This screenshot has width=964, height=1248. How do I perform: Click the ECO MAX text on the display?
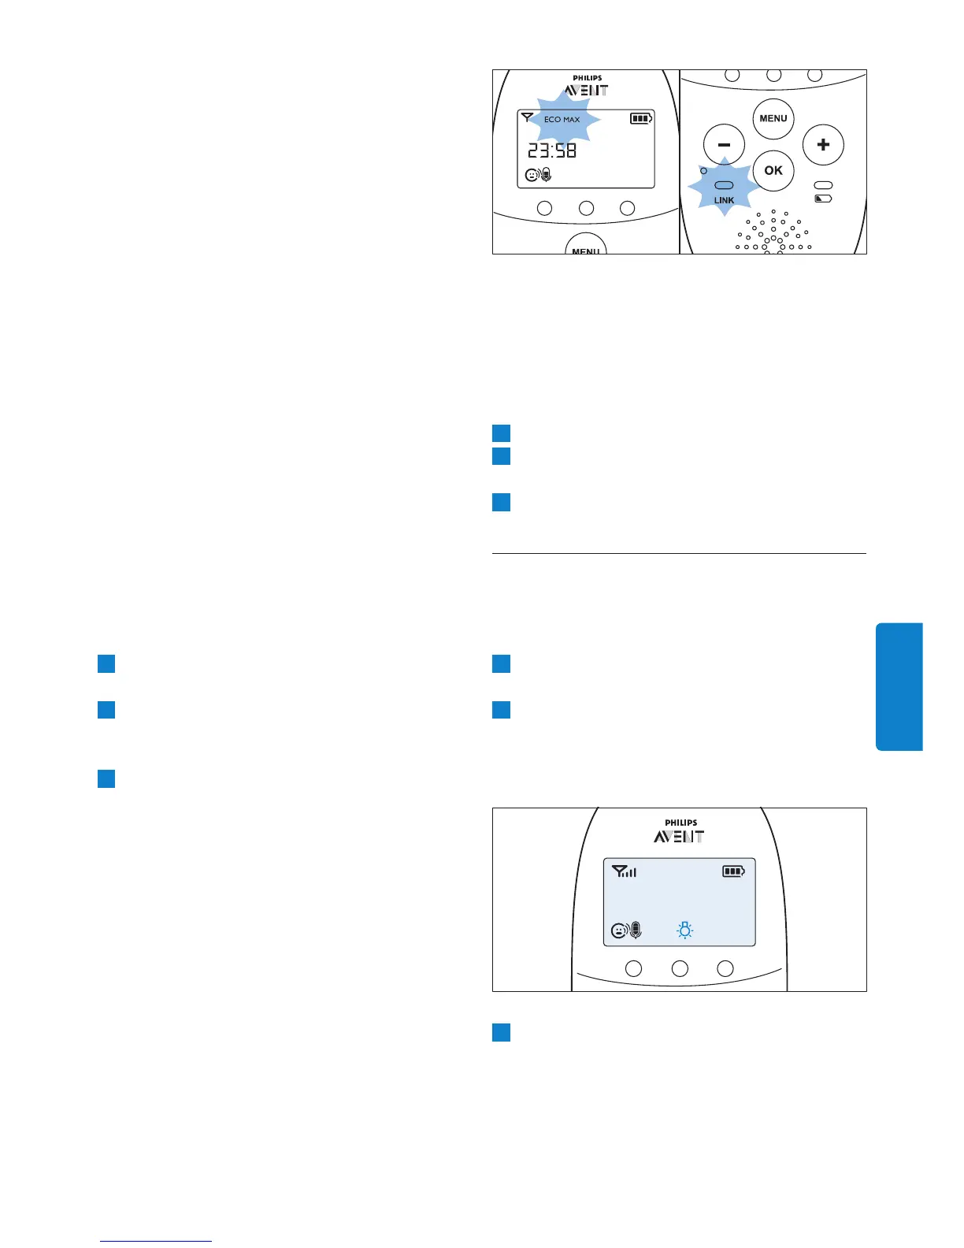pyautogui.click(x=562, y=120)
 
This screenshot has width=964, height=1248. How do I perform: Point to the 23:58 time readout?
pyautogui.click(x=552, y=150)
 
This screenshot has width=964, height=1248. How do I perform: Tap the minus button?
pyautogui.click(x=724, y=145)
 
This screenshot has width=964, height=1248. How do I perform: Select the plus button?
pyautogui.click(x=823, y=145)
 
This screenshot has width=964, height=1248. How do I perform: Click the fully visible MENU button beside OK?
pyautogui.click(x=773, y=119)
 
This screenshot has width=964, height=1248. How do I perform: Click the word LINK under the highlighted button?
pyautogui.click(x=724, y=200)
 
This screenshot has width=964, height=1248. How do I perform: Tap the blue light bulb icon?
pyautogui.click(x=685, y=931)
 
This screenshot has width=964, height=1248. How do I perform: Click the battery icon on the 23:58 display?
pyautogui.click(x=641, y=119)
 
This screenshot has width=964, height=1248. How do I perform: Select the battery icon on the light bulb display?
pyautogui.click(x=733, y=871)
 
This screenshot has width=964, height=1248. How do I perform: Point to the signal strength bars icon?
pyautogui.click(x=625, y=871)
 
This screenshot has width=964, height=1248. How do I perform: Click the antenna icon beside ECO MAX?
pyautogui.click(x=527, y=117)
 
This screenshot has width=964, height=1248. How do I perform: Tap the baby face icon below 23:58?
pyautogui.click(x=532, y=175)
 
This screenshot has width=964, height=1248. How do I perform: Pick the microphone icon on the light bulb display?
pyautogui.click(x=636, y=931)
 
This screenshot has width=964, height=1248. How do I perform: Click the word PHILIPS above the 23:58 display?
pyautogui.click(x=588, y=78)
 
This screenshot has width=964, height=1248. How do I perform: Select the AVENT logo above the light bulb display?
pyautogui.click(x=679, y=837)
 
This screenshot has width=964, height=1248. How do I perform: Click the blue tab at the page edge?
pyautogui.click(x=899, y=686)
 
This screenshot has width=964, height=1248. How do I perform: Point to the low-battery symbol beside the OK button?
pyautogui.click(x=823, y=199)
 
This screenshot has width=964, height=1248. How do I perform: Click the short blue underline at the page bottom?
pyautogui.click(x=156, y=1241)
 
